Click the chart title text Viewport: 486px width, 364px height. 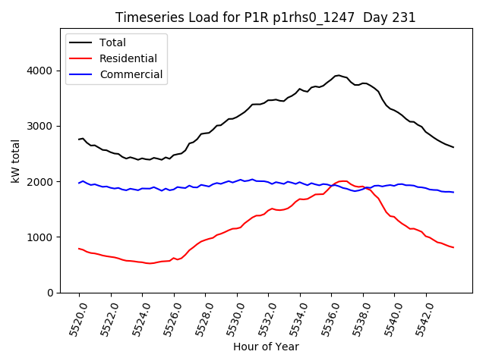click(265, 17)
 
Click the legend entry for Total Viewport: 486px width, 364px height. click(112, 42)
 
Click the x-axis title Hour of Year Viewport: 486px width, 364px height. click(265, 347)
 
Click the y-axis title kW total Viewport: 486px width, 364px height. click(16, 161)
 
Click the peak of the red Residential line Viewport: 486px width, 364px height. click(343, 181)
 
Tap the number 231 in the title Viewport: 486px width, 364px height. click(402, 17)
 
